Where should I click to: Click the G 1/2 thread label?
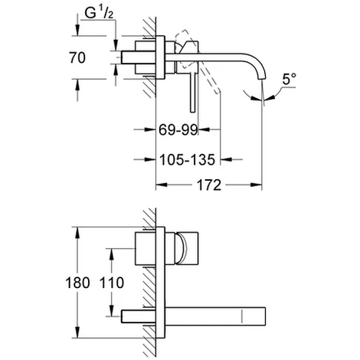coord(99,13)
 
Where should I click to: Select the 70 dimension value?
coord(77,57)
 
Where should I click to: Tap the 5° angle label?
coord(290,79)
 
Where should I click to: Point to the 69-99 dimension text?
coord(178,129)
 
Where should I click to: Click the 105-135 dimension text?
coord(188,160)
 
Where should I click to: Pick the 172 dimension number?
coord(209,185)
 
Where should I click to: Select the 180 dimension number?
coord(77,283)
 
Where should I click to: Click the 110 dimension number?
coord(112,283)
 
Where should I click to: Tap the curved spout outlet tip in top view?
coord(261,77)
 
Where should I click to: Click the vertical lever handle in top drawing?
coord(193,92)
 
